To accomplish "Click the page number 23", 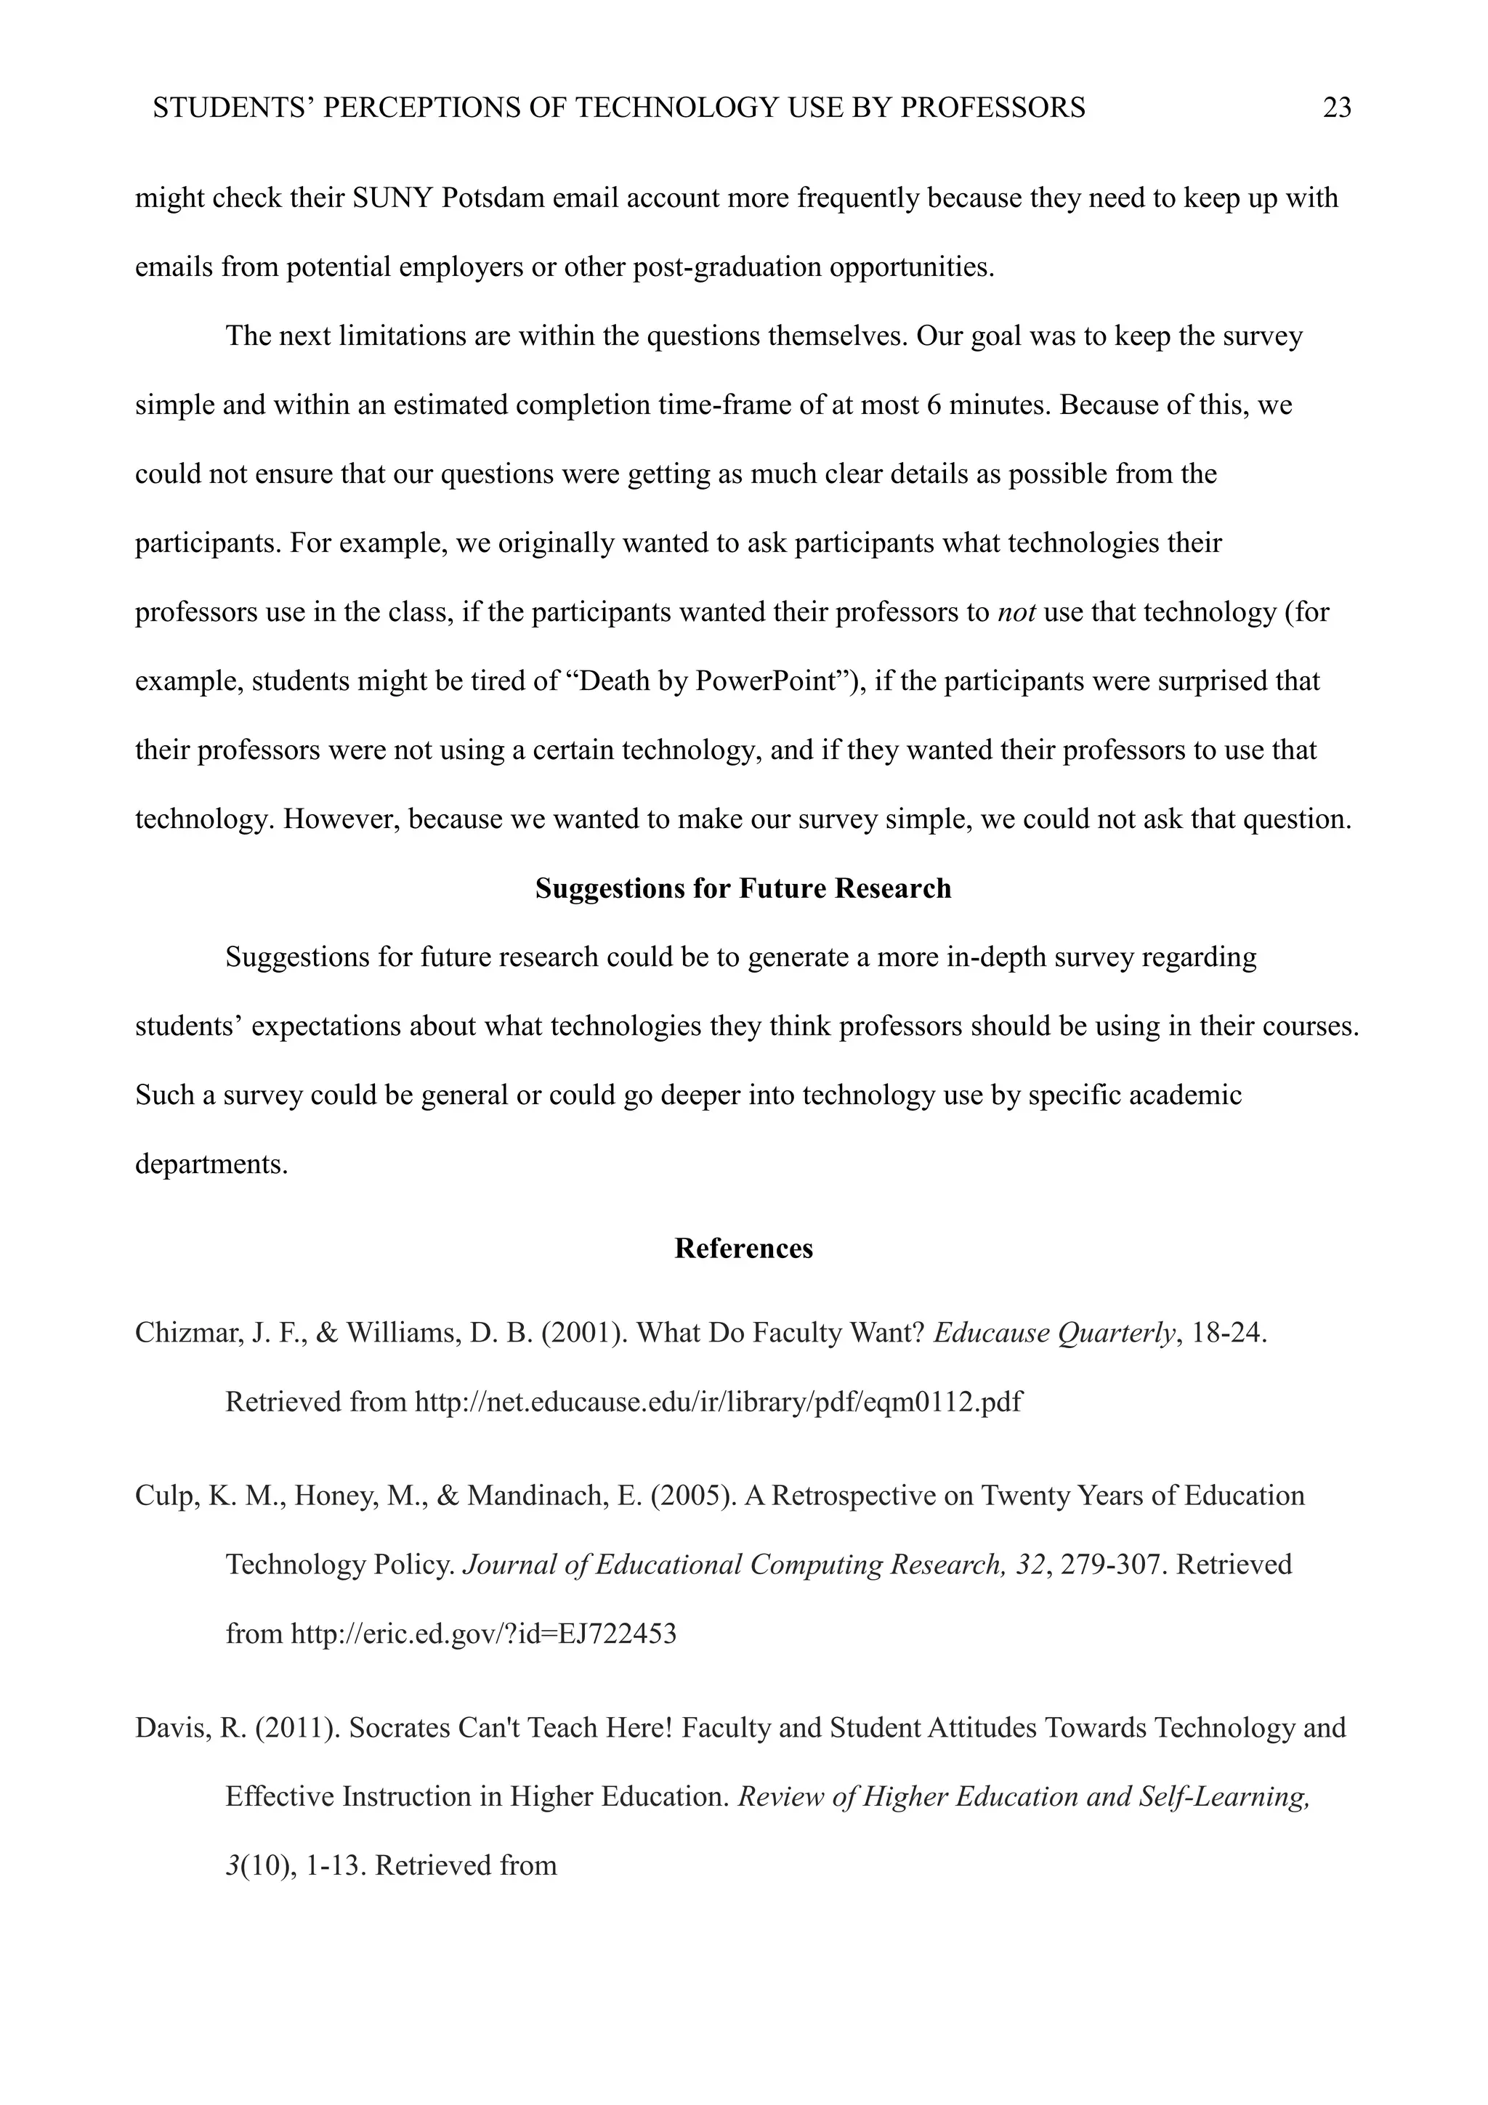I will pyautogui.click(x=1337, y=108).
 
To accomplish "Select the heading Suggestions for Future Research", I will pyautogui.click(x=743, y=888).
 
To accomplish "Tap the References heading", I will pyautogui.click(x=743, y=1249).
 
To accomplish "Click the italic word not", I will pyautogui.click(x=1016, y=612).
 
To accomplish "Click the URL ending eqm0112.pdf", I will pyautogui.click(x=718, y=1402).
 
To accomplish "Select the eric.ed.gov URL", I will pyautogui.click(x=483, y=1634).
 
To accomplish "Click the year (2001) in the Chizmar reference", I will pyautogui.click(x=585, y=1333).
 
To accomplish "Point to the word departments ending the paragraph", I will pyautogui.click(x=211, y=1165).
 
